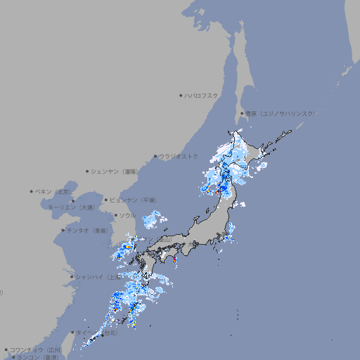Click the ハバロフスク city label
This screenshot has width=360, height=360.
201,95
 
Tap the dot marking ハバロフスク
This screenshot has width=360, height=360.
181,95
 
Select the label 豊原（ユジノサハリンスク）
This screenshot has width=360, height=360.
280,113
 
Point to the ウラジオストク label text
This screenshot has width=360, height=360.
179,156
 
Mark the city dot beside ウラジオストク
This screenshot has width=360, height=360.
155,157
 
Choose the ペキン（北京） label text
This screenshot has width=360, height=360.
53,191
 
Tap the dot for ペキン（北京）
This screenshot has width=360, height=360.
32,191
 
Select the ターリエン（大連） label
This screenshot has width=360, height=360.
70,207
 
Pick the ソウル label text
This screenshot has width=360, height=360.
127,215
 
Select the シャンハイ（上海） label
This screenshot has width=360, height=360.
98,276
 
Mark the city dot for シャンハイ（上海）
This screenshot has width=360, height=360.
72,277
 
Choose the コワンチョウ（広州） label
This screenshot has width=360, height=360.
35,349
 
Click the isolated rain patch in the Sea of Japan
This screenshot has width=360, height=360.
151,221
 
